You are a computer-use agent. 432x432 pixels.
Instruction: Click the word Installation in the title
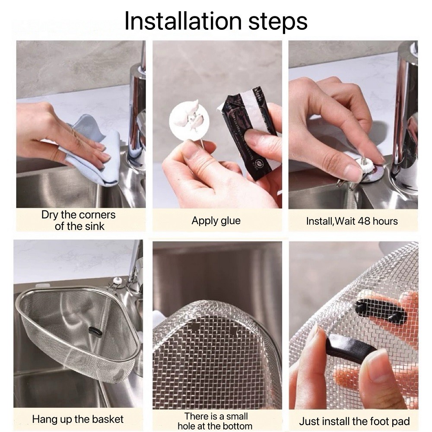[183, 21]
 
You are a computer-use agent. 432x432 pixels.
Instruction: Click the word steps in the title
[278, 22]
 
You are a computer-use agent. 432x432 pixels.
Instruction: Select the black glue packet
[252, 132]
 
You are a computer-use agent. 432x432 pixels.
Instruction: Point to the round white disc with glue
[189, 120]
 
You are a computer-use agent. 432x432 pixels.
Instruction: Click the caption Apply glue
[216, 221]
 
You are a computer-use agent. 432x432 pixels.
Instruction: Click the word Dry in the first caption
[50, 215]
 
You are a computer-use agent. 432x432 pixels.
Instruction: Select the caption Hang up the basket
[78, 419]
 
